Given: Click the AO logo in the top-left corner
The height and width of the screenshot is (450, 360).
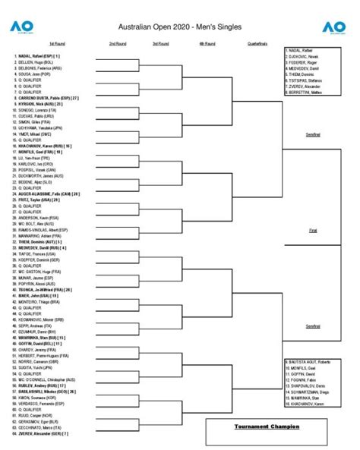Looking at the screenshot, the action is pyautogui.click(x=21, y=27).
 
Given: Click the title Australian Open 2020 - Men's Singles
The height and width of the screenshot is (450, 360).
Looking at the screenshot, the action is pyautogui.click(x=180, y=27).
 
